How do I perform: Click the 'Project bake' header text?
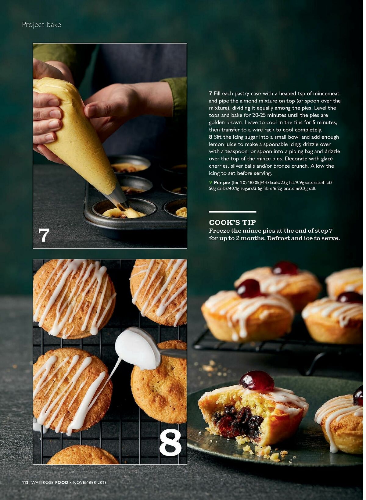coord(41,25)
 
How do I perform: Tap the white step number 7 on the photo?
coord(44,235)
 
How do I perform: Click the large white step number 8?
coord(170,442)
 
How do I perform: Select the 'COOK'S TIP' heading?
coord(232,223)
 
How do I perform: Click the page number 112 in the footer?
coord(25,482)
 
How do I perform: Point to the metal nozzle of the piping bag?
coord(120,200)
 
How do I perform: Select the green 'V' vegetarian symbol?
coord(210,183)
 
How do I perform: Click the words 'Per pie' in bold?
coord(222,183)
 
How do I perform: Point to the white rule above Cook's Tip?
coord(232,212)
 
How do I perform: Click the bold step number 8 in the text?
coord(210,137)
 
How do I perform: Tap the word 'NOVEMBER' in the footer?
coord(85,482)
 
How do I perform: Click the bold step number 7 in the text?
coord(210,94)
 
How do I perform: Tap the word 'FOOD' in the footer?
coord(62,482)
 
